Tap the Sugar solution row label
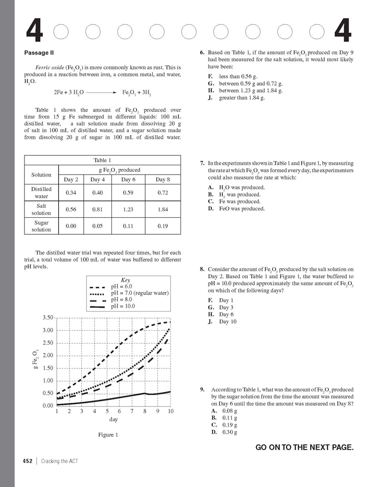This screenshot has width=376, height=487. point(41,226)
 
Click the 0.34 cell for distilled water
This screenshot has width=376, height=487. point(71,192)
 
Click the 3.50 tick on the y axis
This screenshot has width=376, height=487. point(48,318)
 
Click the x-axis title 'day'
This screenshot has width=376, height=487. point(113,419)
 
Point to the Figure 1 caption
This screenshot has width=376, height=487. point(108,435)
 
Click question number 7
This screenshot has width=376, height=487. point(202,163)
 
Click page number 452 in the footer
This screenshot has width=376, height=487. point(27,461)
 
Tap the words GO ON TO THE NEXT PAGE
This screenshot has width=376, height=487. point(304,447)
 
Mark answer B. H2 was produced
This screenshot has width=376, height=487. point(235,194)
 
